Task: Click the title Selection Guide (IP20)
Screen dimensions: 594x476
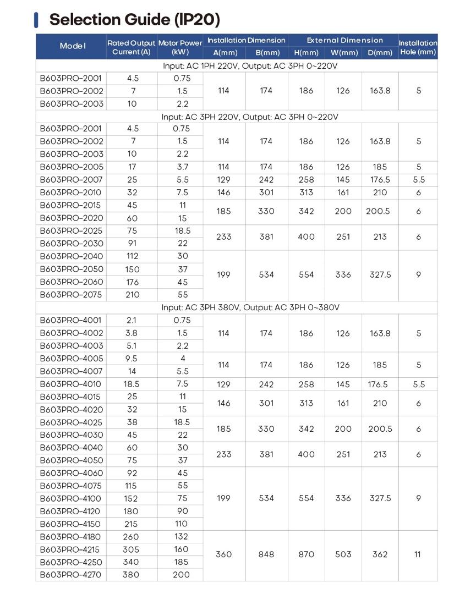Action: (x=134, y=19)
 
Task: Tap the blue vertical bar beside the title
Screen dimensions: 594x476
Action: (x=36, y=19)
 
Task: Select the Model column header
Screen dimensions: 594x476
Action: (x=73, y=46)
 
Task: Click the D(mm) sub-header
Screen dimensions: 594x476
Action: (x=380, y=53)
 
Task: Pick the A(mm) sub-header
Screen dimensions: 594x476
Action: (x=223, y=53)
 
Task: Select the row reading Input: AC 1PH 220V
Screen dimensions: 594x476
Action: (x=250, y=66)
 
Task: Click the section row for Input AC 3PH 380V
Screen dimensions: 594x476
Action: (x=250, y=307)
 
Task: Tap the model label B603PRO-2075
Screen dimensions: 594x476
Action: (x=71, y=295)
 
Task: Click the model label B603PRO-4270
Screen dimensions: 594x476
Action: (x=71, y=575)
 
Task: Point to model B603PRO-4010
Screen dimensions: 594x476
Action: (x=70, y=384)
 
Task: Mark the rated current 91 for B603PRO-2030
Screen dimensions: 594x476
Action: (x=132, y=244)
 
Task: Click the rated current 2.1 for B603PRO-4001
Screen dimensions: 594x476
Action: (x=132, y=320)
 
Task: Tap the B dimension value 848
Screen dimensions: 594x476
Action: (x=266, y=554)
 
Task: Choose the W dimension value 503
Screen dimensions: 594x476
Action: (x=343, y=554)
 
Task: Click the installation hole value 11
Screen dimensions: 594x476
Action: (x=418, y=554)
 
